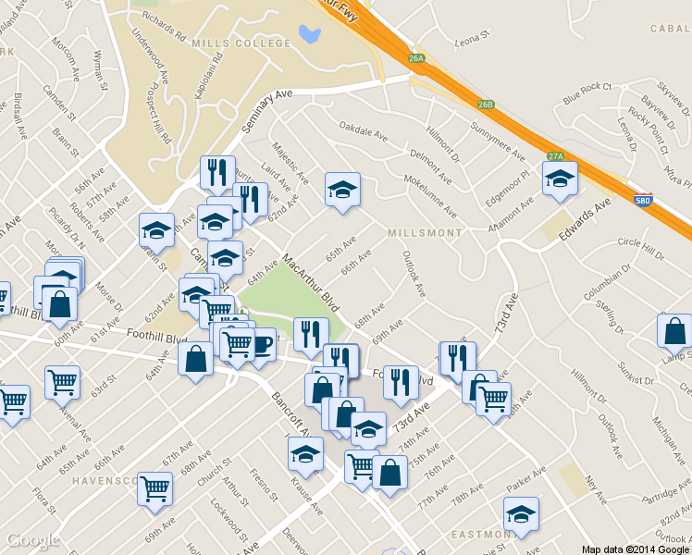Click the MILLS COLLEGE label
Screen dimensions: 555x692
[229, 43]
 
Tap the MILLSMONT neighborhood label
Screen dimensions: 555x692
[425, 233]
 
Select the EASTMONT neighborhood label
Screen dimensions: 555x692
[479, 535]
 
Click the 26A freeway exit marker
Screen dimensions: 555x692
[416, 58]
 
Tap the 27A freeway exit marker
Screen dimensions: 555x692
[555, 156]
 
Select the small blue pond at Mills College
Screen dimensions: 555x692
[309, 34]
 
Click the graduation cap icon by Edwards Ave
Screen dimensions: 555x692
[560, 181]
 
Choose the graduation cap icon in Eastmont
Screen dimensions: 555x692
[521, 516]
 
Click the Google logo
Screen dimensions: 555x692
[33, 540]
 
